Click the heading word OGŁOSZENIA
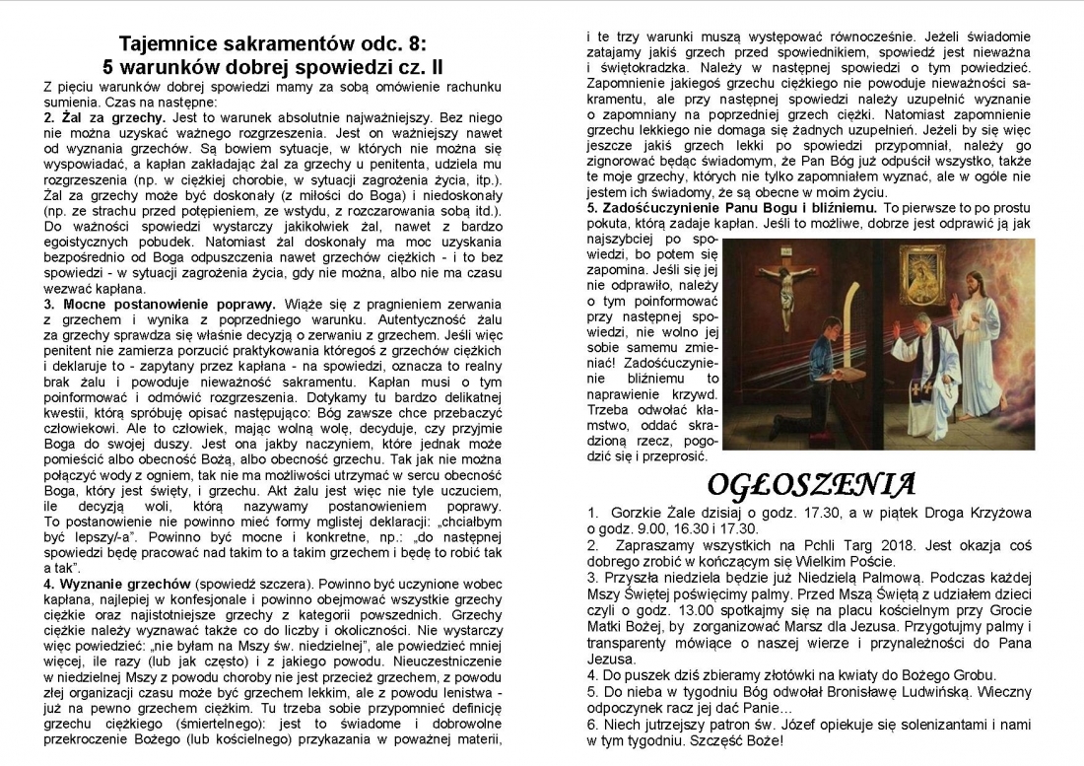click(812, 485)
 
